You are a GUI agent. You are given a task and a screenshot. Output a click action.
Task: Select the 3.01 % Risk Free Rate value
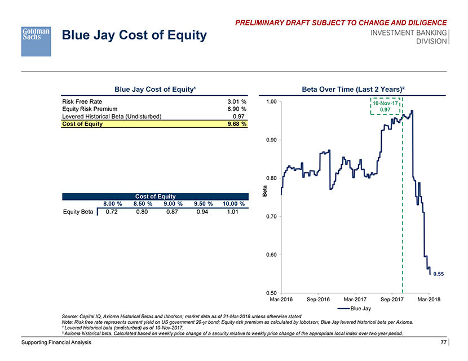[236, 101]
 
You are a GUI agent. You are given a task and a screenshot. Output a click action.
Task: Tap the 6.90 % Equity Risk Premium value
[236, 109]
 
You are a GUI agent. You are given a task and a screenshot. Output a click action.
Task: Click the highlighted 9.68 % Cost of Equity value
[236, 124]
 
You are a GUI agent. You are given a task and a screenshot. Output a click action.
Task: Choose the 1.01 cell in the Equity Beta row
[232, 212]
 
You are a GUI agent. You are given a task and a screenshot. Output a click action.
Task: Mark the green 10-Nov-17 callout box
[386, 105]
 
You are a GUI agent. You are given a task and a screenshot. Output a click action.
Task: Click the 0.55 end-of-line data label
[438, 274]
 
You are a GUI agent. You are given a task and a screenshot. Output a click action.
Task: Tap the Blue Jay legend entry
[355, 308]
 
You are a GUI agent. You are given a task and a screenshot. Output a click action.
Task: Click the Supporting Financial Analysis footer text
[55, 343]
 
